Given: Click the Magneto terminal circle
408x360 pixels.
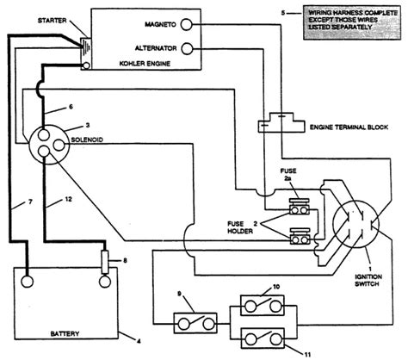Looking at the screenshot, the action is (x=186, y=24).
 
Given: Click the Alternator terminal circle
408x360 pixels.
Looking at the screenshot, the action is (x=187, y=48).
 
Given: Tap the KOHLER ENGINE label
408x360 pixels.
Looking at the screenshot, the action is (x=145, y=64).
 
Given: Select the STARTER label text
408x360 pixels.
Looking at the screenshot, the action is (x=53, y=21).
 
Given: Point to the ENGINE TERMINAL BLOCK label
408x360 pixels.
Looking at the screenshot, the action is (x=349, y=127).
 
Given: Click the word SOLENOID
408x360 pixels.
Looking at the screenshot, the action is (x=87, y=140).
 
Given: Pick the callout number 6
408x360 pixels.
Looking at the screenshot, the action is (x=71, y=107).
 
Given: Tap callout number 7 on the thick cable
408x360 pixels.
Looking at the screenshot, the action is (x=30, y=202).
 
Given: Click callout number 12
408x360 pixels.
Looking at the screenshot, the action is (x=68, y=199).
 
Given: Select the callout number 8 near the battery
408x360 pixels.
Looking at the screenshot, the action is (x=125, y=261).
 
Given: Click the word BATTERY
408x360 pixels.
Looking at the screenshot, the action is (x=65, y=333).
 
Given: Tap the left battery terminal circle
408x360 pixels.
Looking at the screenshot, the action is (x=27, y=282).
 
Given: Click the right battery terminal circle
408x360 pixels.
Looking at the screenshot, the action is (x=105, y=282).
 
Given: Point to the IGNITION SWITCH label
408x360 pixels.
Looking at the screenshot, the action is (x=368, y=280).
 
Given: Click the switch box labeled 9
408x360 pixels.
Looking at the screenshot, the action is (x=195, y=323).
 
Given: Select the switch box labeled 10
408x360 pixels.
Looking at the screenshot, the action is (x=263, y=306).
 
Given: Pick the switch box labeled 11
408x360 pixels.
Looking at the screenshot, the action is (x=263, y=338).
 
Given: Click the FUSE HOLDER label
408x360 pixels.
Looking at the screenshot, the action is (x=240, y=227).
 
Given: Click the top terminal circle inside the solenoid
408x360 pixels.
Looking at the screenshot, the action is (x=44, y=134).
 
